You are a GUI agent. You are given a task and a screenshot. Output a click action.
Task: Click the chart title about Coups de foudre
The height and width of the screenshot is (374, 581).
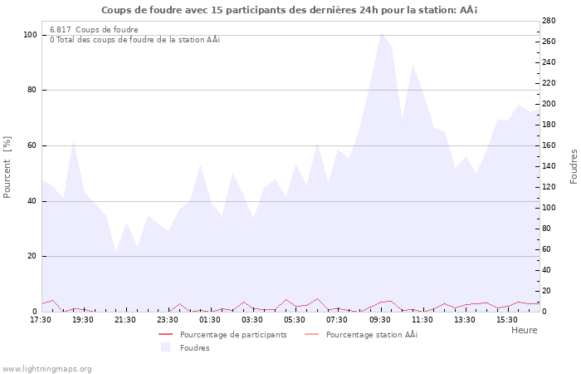(290, 10)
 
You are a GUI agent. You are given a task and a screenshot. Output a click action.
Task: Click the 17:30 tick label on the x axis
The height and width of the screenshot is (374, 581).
(41, 319)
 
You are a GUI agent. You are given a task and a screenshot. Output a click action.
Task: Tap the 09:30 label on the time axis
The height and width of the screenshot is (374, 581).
(380, 319)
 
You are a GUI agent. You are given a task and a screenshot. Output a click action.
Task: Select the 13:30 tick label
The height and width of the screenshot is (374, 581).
(465, 319)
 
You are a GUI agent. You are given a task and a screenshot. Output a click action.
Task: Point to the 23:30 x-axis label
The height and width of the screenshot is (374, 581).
(168, 319)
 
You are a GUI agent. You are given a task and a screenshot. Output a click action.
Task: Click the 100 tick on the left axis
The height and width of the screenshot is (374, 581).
(30, 35)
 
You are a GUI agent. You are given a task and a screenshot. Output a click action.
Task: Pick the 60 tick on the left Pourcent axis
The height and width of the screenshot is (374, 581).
(32, 145)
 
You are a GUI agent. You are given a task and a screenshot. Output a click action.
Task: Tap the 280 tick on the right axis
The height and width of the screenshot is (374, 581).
(549, 21)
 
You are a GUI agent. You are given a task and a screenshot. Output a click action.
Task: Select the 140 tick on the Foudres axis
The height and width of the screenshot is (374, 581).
(549, 166)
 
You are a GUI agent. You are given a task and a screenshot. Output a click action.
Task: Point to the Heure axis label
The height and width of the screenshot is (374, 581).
(524, 330)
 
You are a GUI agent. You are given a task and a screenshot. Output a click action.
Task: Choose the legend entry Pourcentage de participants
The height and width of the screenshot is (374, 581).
(232, 335)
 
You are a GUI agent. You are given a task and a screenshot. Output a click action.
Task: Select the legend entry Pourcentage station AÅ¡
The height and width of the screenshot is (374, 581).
(371, 335)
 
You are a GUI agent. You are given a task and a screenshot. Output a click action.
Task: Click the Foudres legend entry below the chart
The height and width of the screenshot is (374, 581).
(194, 348)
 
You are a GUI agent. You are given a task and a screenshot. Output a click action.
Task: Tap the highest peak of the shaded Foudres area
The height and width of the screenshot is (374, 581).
(381, 33)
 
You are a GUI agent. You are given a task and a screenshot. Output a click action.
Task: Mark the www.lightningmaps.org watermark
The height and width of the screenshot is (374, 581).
(46, 369)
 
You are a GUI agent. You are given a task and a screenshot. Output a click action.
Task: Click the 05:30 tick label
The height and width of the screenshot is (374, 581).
(295, 319)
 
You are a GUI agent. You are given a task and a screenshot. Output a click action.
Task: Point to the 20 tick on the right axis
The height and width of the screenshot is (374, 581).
(546, 291)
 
